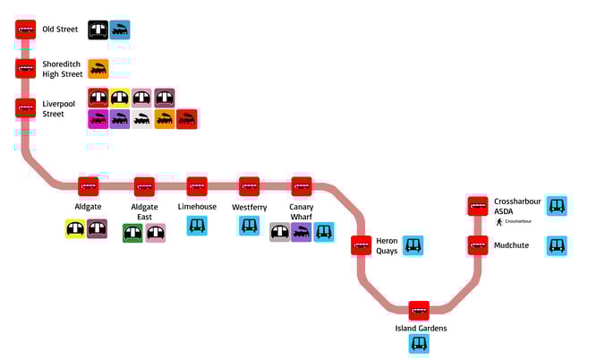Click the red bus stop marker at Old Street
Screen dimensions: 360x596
click(x=25, y=30)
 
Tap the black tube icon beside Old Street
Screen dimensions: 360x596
click(x=98, y=30)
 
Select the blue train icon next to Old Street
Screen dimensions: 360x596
click(x=120, y=30)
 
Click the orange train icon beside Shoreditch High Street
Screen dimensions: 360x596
click(x=98, y=68)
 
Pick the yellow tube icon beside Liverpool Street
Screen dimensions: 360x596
click(x=120, y=98)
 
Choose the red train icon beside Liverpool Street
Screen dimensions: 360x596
click(x=187, y=119)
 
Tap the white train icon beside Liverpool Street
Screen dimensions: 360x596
click(x=142, y=119)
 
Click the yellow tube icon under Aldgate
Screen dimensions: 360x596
click(x=75, y=229)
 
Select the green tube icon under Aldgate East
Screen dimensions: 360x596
click(x=132, y=233)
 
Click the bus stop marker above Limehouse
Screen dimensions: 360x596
click(x=197, y=186)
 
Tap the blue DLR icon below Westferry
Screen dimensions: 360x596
click(x=249, y=226)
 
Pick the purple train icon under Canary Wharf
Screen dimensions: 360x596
click(x=302, y=233)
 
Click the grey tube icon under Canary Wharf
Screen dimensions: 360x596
click(x=279, y=233)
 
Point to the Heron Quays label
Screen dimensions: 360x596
click(x=387, y=245)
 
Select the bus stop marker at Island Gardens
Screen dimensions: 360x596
click(x=419, y=310)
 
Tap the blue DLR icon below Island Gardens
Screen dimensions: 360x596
click(x=419, y=344)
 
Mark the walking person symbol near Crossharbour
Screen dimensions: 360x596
click(x=499, y=221)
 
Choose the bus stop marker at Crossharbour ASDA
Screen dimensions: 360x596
click(x=477, y=205)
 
